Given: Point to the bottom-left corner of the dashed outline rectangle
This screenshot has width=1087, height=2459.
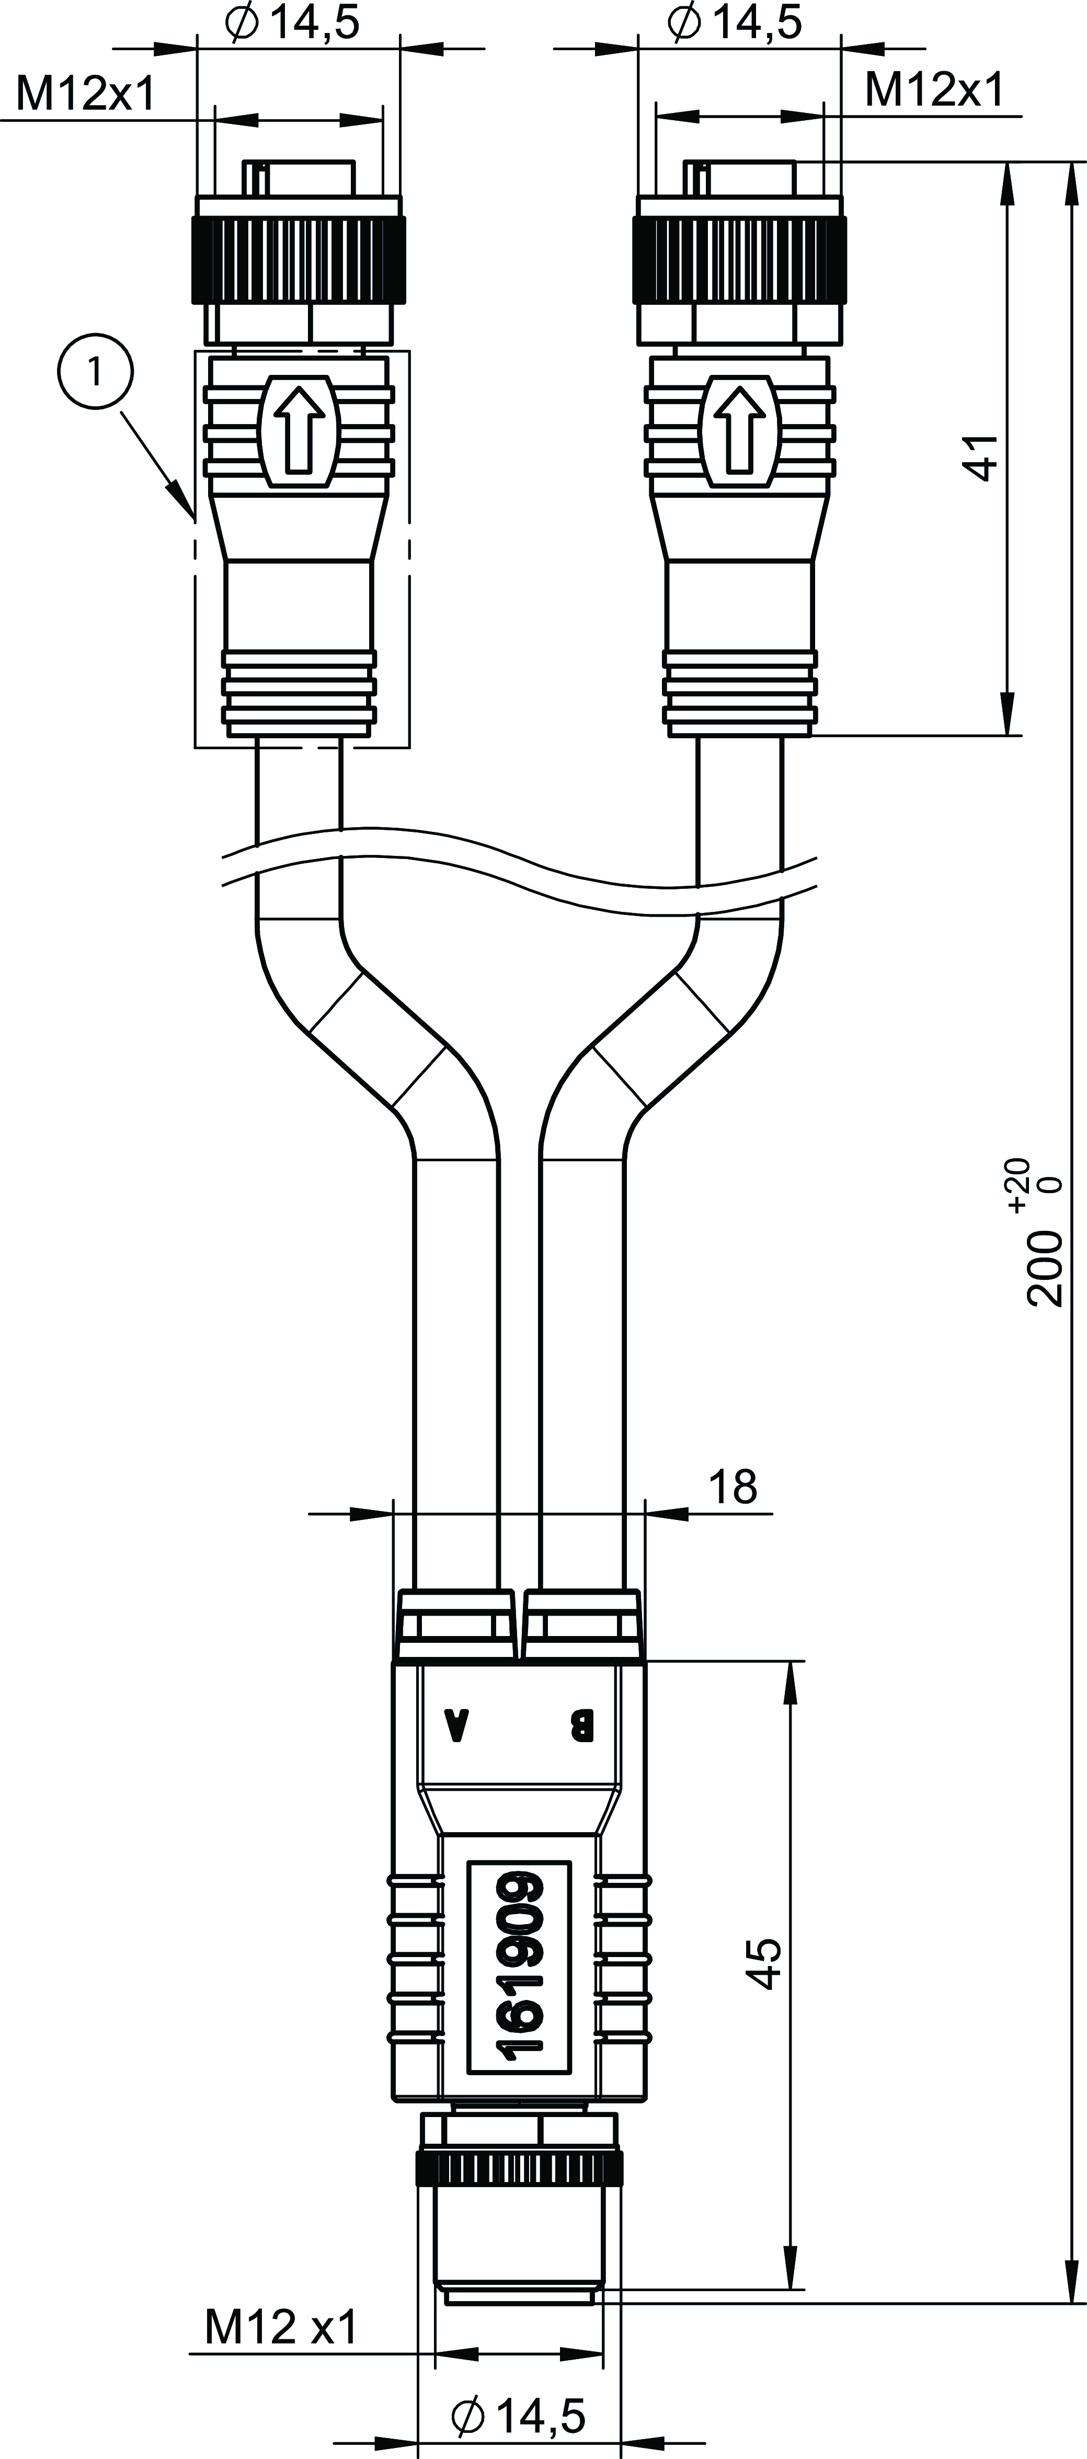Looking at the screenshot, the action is point(194,748).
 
